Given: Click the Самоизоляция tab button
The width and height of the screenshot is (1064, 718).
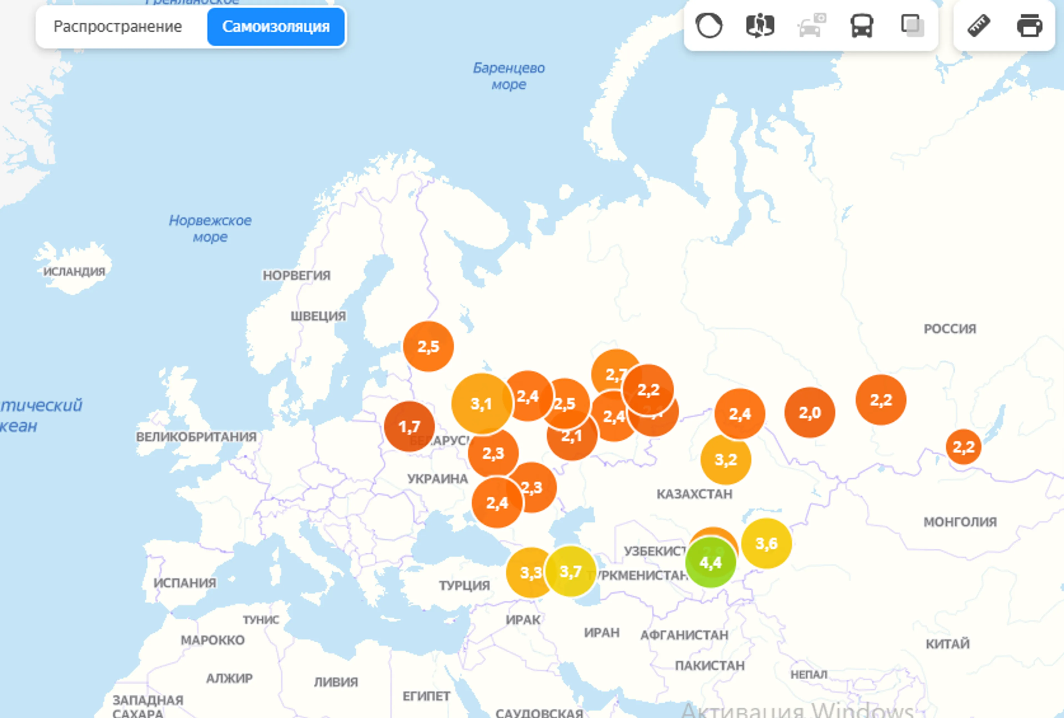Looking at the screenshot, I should coord(276,27).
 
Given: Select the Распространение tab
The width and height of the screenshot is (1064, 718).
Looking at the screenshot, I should coord(118,27).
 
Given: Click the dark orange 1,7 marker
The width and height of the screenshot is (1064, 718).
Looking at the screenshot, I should coord(409,427).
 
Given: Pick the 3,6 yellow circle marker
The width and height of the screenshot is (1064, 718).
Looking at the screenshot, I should coord(766,543).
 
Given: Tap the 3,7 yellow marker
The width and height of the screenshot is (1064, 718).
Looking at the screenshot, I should coord(571,571).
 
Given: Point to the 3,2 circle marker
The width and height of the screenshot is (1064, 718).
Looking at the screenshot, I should coord(726,460).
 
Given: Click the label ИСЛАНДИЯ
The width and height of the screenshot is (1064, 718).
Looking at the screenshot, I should coord(74,272).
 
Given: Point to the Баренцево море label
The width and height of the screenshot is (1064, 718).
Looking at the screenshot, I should coord(509,76).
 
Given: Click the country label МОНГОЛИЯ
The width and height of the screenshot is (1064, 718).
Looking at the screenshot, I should coord(960,522).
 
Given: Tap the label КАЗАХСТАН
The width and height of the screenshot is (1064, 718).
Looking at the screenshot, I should coord(694,494).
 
